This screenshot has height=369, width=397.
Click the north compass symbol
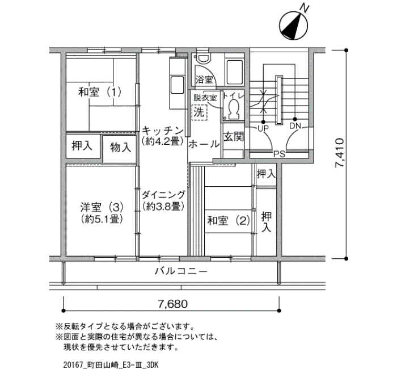pyautogui.click(x=293, y=26)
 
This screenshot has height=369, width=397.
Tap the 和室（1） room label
pyautogui.click(x=100, y=92)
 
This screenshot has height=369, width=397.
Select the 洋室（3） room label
pyautogui.click(x=102, y=208)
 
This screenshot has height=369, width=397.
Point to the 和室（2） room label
pyautogui.click(x=229, y=220)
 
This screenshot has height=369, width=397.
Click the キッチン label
pyautogui.click(x=163, y=131)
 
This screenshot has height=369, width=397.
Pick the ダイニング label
pyautogui.click(x=163, y=195)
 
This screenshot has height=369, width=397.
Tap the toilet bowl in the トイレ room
pyautogui.click(x=234, y=108)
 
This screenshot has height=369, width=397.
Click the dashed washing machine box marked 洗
pyautogui.click(x=199, y=112)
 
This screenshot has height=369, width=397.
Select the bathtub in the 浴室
pyautogui.click(x=234, y=72)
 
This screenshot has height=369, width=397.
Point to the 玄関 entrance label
pyautogui.click(x=234, y=137)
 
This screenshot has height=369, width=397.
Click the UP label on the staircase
pyautogui.click(x=263, y=128)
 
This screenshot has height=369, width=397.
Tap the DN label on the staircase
pyautogui.click(x=295, y=125)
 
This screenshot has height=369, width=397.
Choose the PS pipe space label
pyautogui.click(x=280, y=154)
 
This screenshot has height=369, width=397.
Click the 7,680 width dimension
pyautogui.click(x=172, y=304)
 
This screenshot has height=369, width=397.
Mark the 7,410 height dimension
pyautogui.click(x=340, y=153)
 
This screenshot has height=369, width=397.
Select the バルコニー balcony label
pyautogui.click(x=181, y=271)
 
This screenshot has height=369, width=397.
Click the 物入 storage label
pyautogui.click(x=120, y=147)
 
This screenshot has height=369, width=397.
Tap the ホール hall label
pyautogui.click(x=204, y=144)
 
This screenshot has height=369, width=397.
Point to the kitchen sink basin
pyautogui.click(x=177, y=85)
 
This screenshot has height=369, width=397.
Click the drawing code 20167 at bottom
pyautogui.click(x=73, y=364)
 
